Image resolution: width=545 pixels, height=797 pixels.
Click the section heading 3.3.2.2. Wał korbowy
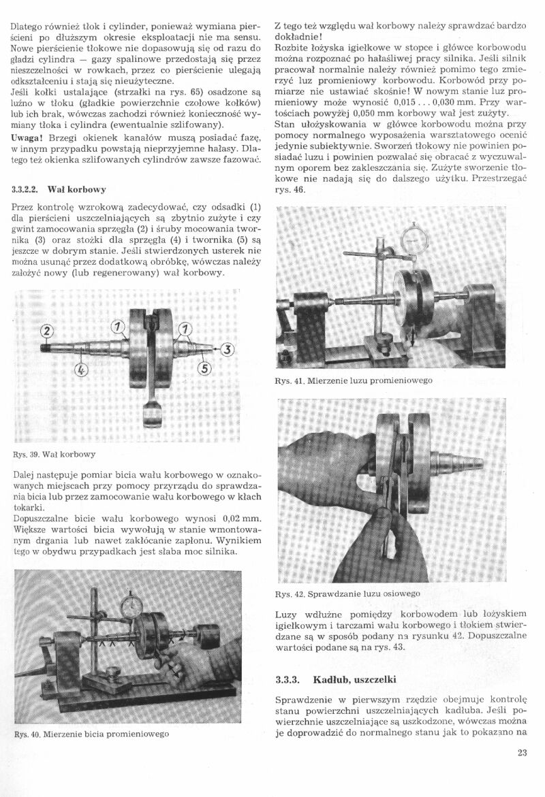click(59, 188)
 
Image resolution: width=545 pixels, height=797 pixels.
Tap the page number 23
click(523, 752)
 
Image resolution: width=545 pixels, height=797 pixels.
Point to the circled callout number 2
click(47, 331)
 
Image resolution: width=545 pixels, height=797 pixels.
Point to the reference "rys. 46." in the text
click(294, 190)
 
